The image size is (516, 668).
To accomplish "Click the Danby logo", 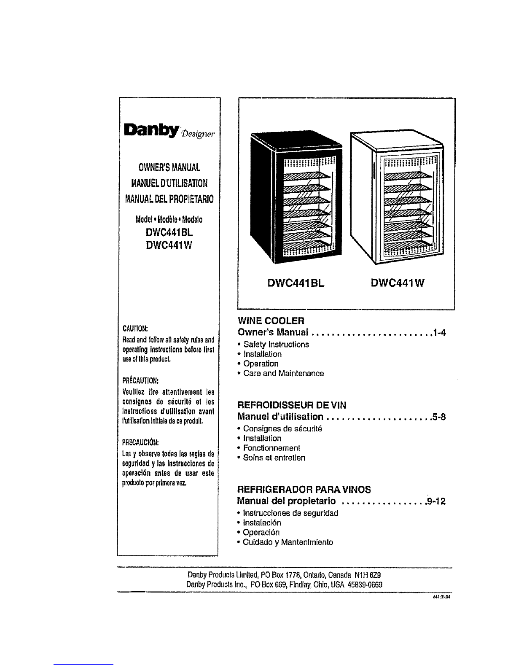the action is [169, 131].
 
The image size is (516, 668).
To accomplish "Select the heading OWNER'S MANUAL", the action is [169, 167].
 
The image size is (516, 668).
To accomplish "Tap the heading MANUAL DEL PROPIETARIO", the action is [169, 199].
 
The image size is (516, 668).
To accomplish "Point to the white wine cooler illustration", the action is [396, 197].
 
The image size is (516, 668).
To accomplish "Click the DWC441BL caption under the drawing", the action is [296, 283].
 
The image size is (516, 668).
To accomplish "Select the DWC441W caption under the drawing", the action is [398, 283].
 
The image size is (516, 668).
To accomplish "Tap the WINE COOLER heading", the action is [271, 321].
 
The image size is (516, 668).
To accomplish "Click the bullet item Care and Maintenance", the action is [281, 373].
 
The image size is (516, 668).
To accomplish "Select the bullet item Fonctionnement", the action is [269, 448].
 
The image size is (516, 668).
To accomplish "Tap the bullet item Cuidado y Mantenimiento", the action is [285, 542].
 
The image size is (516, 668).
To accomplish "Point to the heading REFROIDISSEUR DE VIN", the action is [292, 405].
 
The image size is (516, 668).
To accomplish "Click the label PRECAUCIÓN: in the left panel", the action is [140, 442].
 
